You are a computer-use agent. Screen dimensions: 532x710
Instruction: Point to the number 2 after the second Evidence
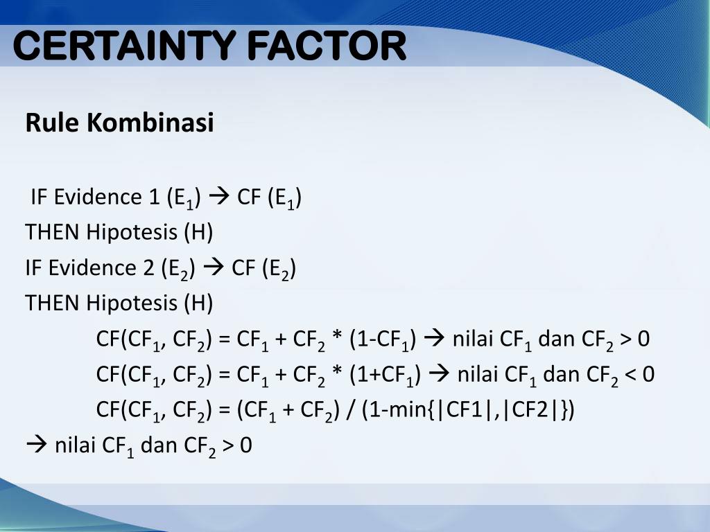click(148, 267)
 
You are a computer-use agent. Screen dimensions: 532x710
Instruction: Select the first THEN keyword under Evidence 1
click(53, 232)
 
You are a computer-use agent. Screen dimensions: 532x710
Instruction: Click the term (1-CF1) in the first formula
click(383, 339)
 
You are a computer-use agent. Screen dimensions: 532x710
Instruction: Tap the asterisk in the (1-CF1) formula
click(338, 338)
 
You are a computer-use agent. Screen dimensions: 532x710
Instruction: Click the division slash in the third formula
click(351, 410)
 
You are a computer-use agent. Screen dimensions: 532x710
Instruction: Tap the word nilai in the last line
click(76, 445)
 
